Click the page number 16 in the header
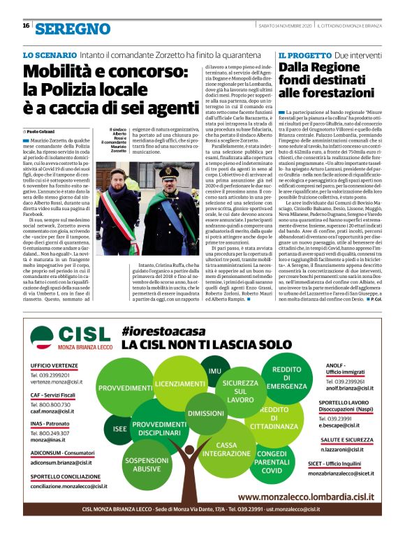point(26,26)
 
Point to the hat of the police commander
point(169,172)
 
